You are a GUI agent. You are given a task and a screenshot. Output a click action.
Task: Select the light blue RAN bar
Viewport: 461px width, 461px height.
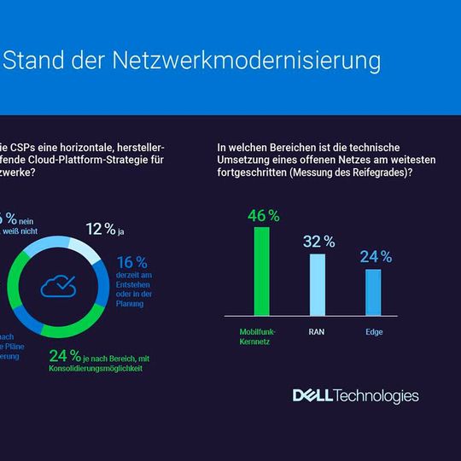[x=317, y=285]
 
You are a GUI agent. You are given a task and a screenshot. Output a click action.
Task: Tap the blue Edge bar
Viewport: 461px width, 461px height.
[x=373, y=293]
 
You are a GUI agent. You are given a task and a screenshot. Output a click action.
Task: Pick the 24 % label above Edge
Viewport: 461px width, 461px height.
[x=375, y=256]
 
